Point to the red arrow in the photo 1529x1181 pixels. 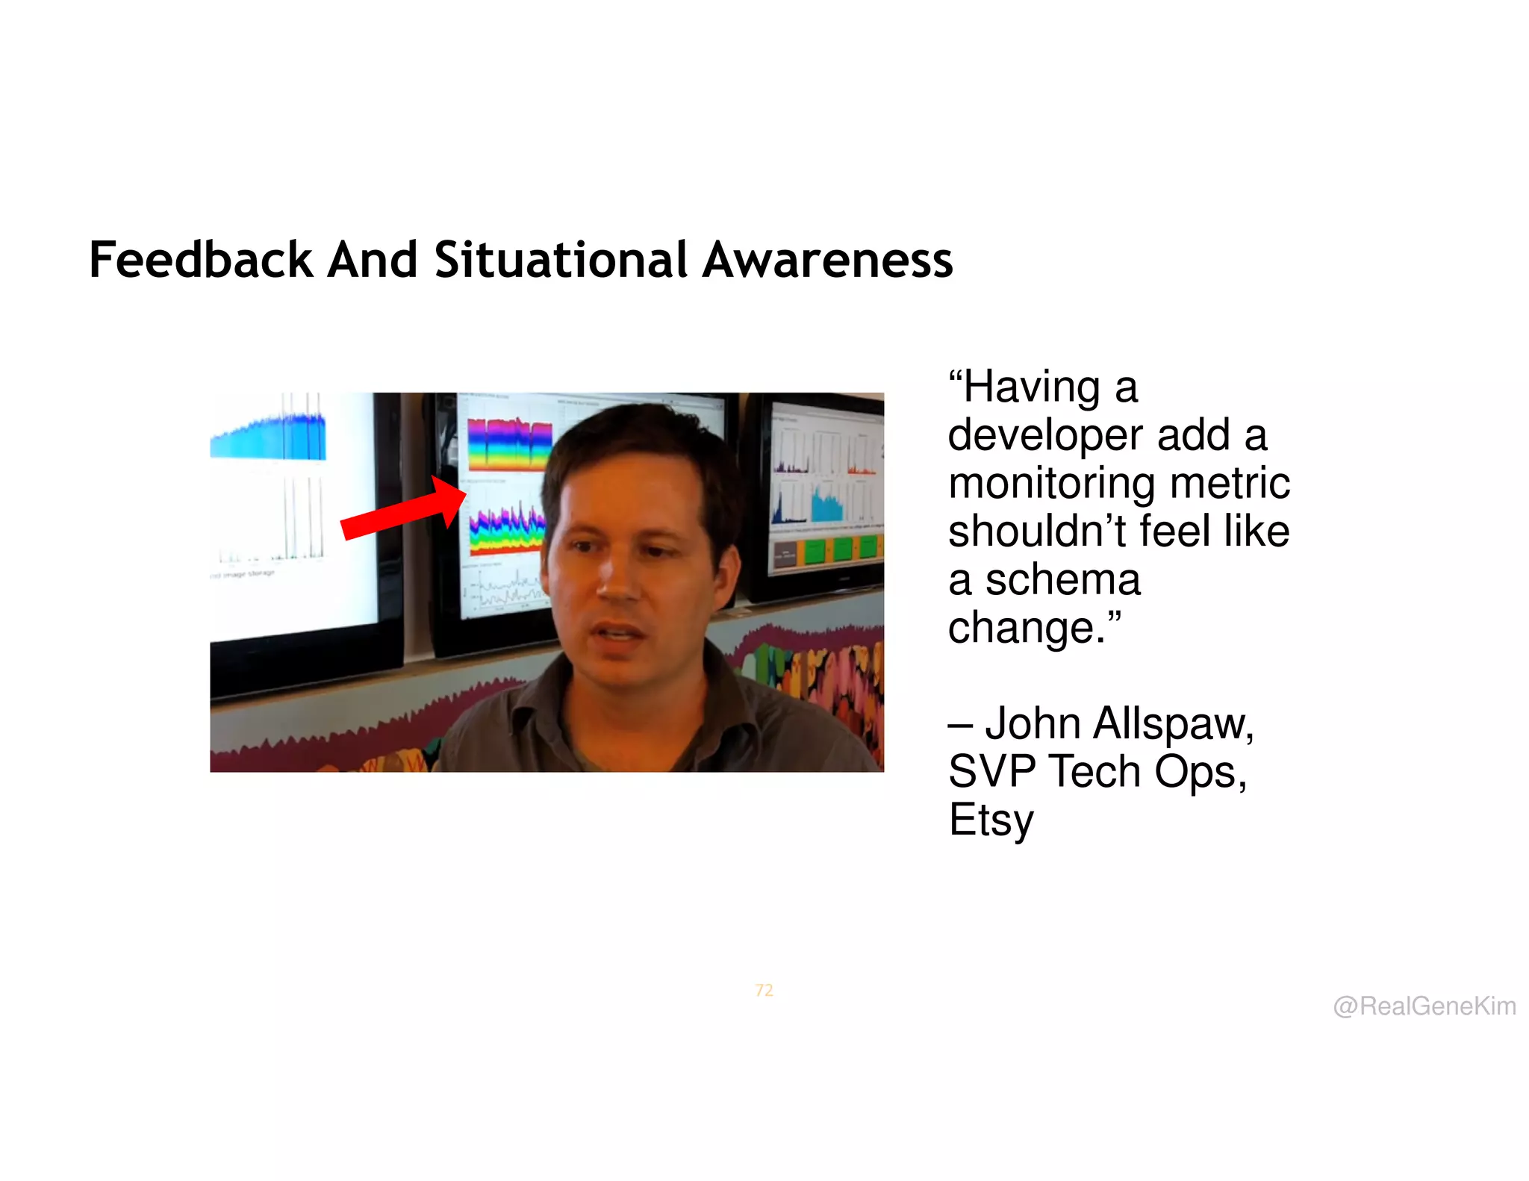click(403, 512)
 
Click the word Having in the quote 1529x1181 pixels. click(1031, 388)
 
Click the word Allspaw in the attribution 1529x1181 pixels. click(1173, 723)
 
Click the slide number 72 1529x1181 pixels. click(764, 991)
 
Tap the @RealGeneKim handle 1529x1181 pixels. click(1424, 1006)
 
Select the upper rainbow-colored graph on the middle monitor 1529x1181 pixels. click(509, 443)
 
